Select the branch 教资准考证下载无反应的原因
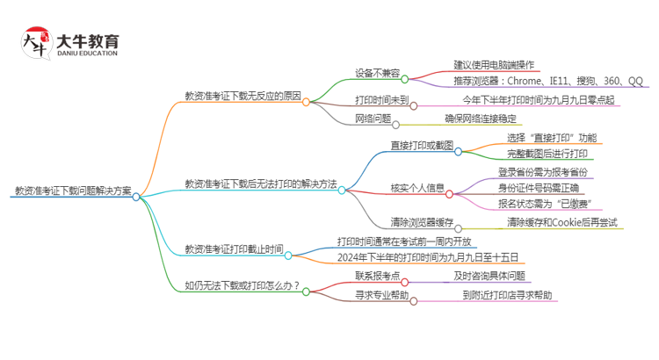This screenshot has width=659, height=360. [x=242, y=95]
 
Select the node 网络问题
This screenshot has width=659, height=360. [x=373, y=118]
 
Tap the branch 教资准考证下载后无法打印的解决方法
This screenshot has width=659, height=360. [x=260, y=184]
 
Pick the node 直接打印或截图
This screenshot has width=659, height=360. [x=422, y=145]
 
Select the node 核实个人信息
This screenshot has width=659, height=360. [x=417, y=188]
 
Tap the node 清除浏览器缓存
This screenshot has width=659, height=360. [x=423, y=223]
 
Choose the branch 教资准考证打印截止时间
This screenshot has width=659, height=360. [x=234, y=249]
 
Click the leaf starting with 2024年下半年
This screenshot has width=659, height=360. [x=428, y=257]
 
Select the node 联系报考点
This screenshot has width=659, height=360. [x=378, y=276]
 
